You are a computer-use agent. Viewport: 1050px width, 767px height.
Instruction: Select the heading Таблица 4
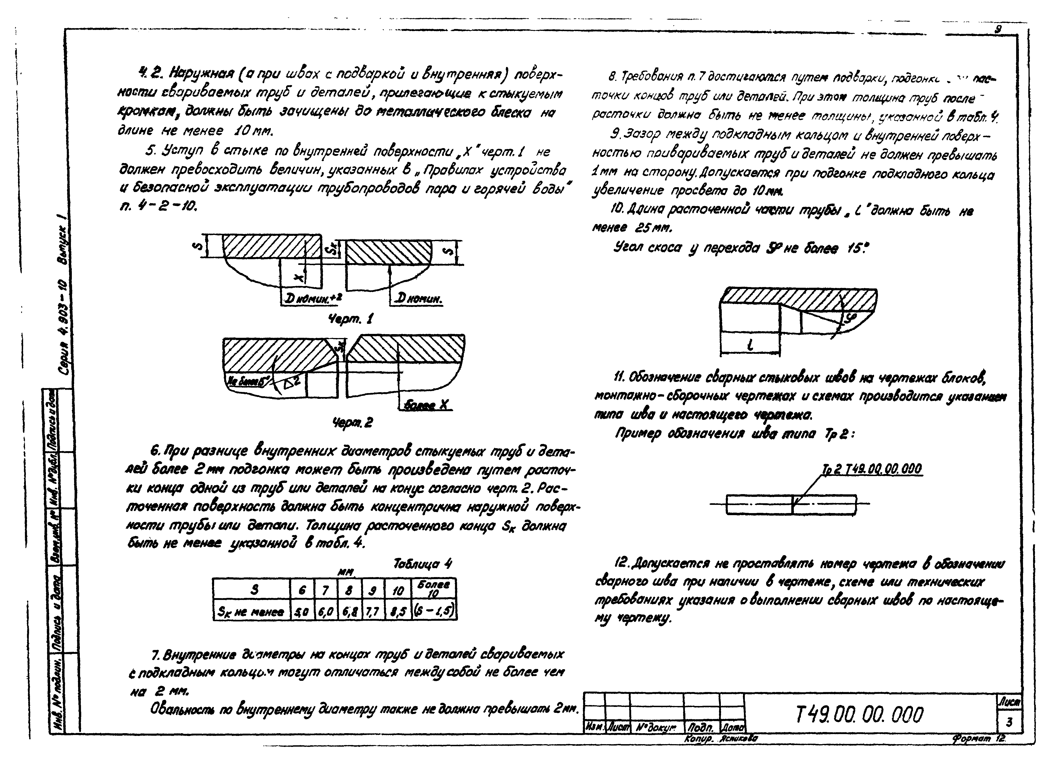click(x=422, y=564)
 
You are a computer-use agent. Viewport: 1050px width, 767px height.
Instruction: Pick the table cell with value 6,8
click(x=349, y=612)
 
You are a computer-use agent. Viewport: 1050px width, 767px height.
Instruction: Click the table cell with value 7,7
click(x=373, y=612)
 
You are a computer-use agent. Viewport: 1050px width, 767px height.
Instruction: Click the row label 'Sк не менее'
click(x=251, y=612)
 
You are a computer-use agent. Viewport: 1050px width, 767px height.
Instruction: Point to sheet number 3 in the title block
click(x=1009, y=722)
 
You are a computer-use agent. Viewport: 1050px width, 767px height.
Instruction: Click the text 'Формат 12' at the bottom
click(x=978, y=738)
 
